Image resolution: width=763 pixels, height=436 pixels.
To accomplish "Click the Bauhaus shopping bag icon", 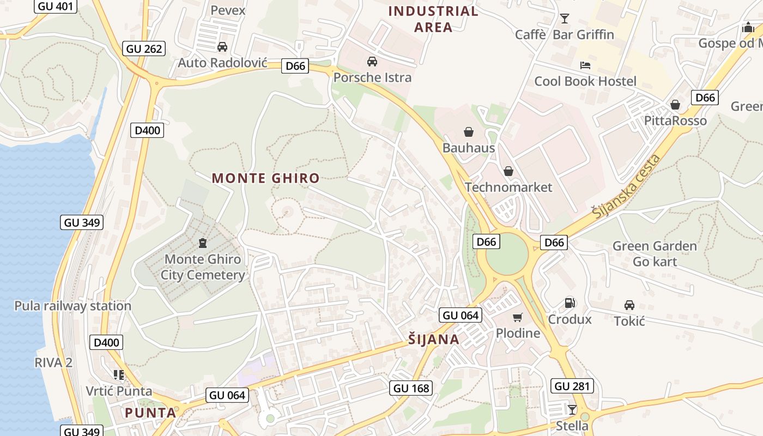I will click(468, 132).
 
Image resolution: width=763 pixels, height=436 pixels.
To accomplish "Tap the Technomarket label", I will click(508, 187).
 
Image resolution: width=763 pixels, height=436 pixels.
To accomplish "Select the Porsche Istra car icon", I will click(372, 62).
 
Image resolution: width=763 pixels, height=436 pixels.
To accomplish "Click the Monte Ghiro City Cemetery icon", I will click(203, 243).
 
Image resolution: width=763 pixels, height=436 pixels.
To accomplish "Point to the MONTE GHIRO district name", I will click(265, 178).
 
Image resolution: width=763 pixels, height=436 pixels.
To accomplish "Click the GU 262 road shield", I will click(144, 49).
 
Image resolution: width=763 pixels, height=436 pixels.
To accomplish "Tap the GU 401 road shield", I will click(56, 6).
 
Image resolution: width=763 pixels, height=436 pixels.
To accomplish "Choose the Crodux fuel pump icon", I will click(570, 303).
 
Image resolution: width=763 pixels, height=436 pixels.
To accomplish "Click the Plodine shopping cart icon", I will click(517, 317).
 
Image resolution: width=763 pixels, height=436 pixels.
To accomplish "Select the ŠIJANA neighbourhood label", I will click(434, 340).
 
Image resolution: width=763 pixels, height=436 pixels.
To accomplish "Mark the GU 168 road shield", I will click(411, 388).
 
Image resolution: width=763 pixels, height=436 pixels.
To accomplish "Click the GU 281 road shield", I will click(572, 386).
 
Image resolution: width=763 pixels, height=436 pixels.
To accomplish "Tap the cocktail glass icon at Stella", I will click(572, 409).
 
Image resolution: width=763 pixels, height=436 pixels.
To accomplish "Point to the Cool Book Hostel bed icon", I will click(585, 65).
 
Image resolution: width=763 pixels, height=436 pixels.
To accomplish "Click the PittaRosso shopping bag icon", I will click(675, 105).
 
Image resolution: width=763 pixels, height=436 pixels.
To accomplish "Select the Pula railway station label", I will click(73, 306).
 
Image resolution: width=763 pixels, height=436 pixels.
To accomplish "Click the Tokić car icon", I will click(629, 305).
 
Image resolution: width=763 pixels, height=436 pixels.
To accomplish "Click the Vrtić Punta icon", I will click(119, 374).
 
